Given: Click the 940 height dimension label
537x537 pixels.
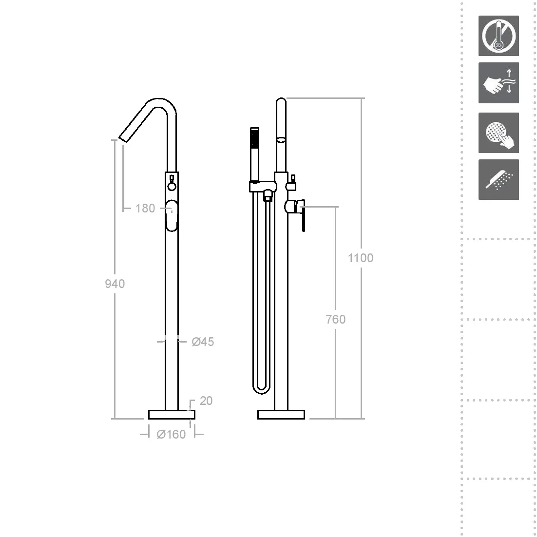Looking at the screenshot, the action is pyautogui.click(x=115, y=284).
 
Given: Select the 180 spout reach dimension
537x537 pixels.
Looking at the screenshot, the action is pyautogui.click(x=145, y=208).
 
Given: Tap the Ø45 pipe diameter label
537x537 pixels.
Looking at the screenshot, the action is pyautogui.click(x=203, y=342).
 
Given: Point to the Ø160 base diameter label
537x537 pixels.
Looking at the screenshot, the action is pyautogui.click(x=171, y=434).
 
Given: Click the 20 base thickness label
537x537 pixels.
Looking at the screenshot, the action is pyautogui.click(x=206, y=401).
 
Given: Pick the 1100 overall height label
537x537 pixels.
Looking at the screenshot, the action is pyautogui.click(x=360, y=258).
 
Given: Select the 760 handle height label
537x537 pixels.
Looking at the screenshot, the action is pyautogui.click(x=336, y=319).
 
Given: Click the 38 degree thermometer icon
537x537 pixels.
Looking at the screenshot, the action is pyautogui.click(x=499, y=36).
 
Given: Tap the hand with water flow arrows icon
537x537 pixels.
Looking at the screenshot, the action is pyautogui.click(x=499, y=82).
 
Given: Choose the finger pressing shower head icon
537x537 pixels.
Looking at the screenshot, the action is pyautogui.click(x=499, y=133).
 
